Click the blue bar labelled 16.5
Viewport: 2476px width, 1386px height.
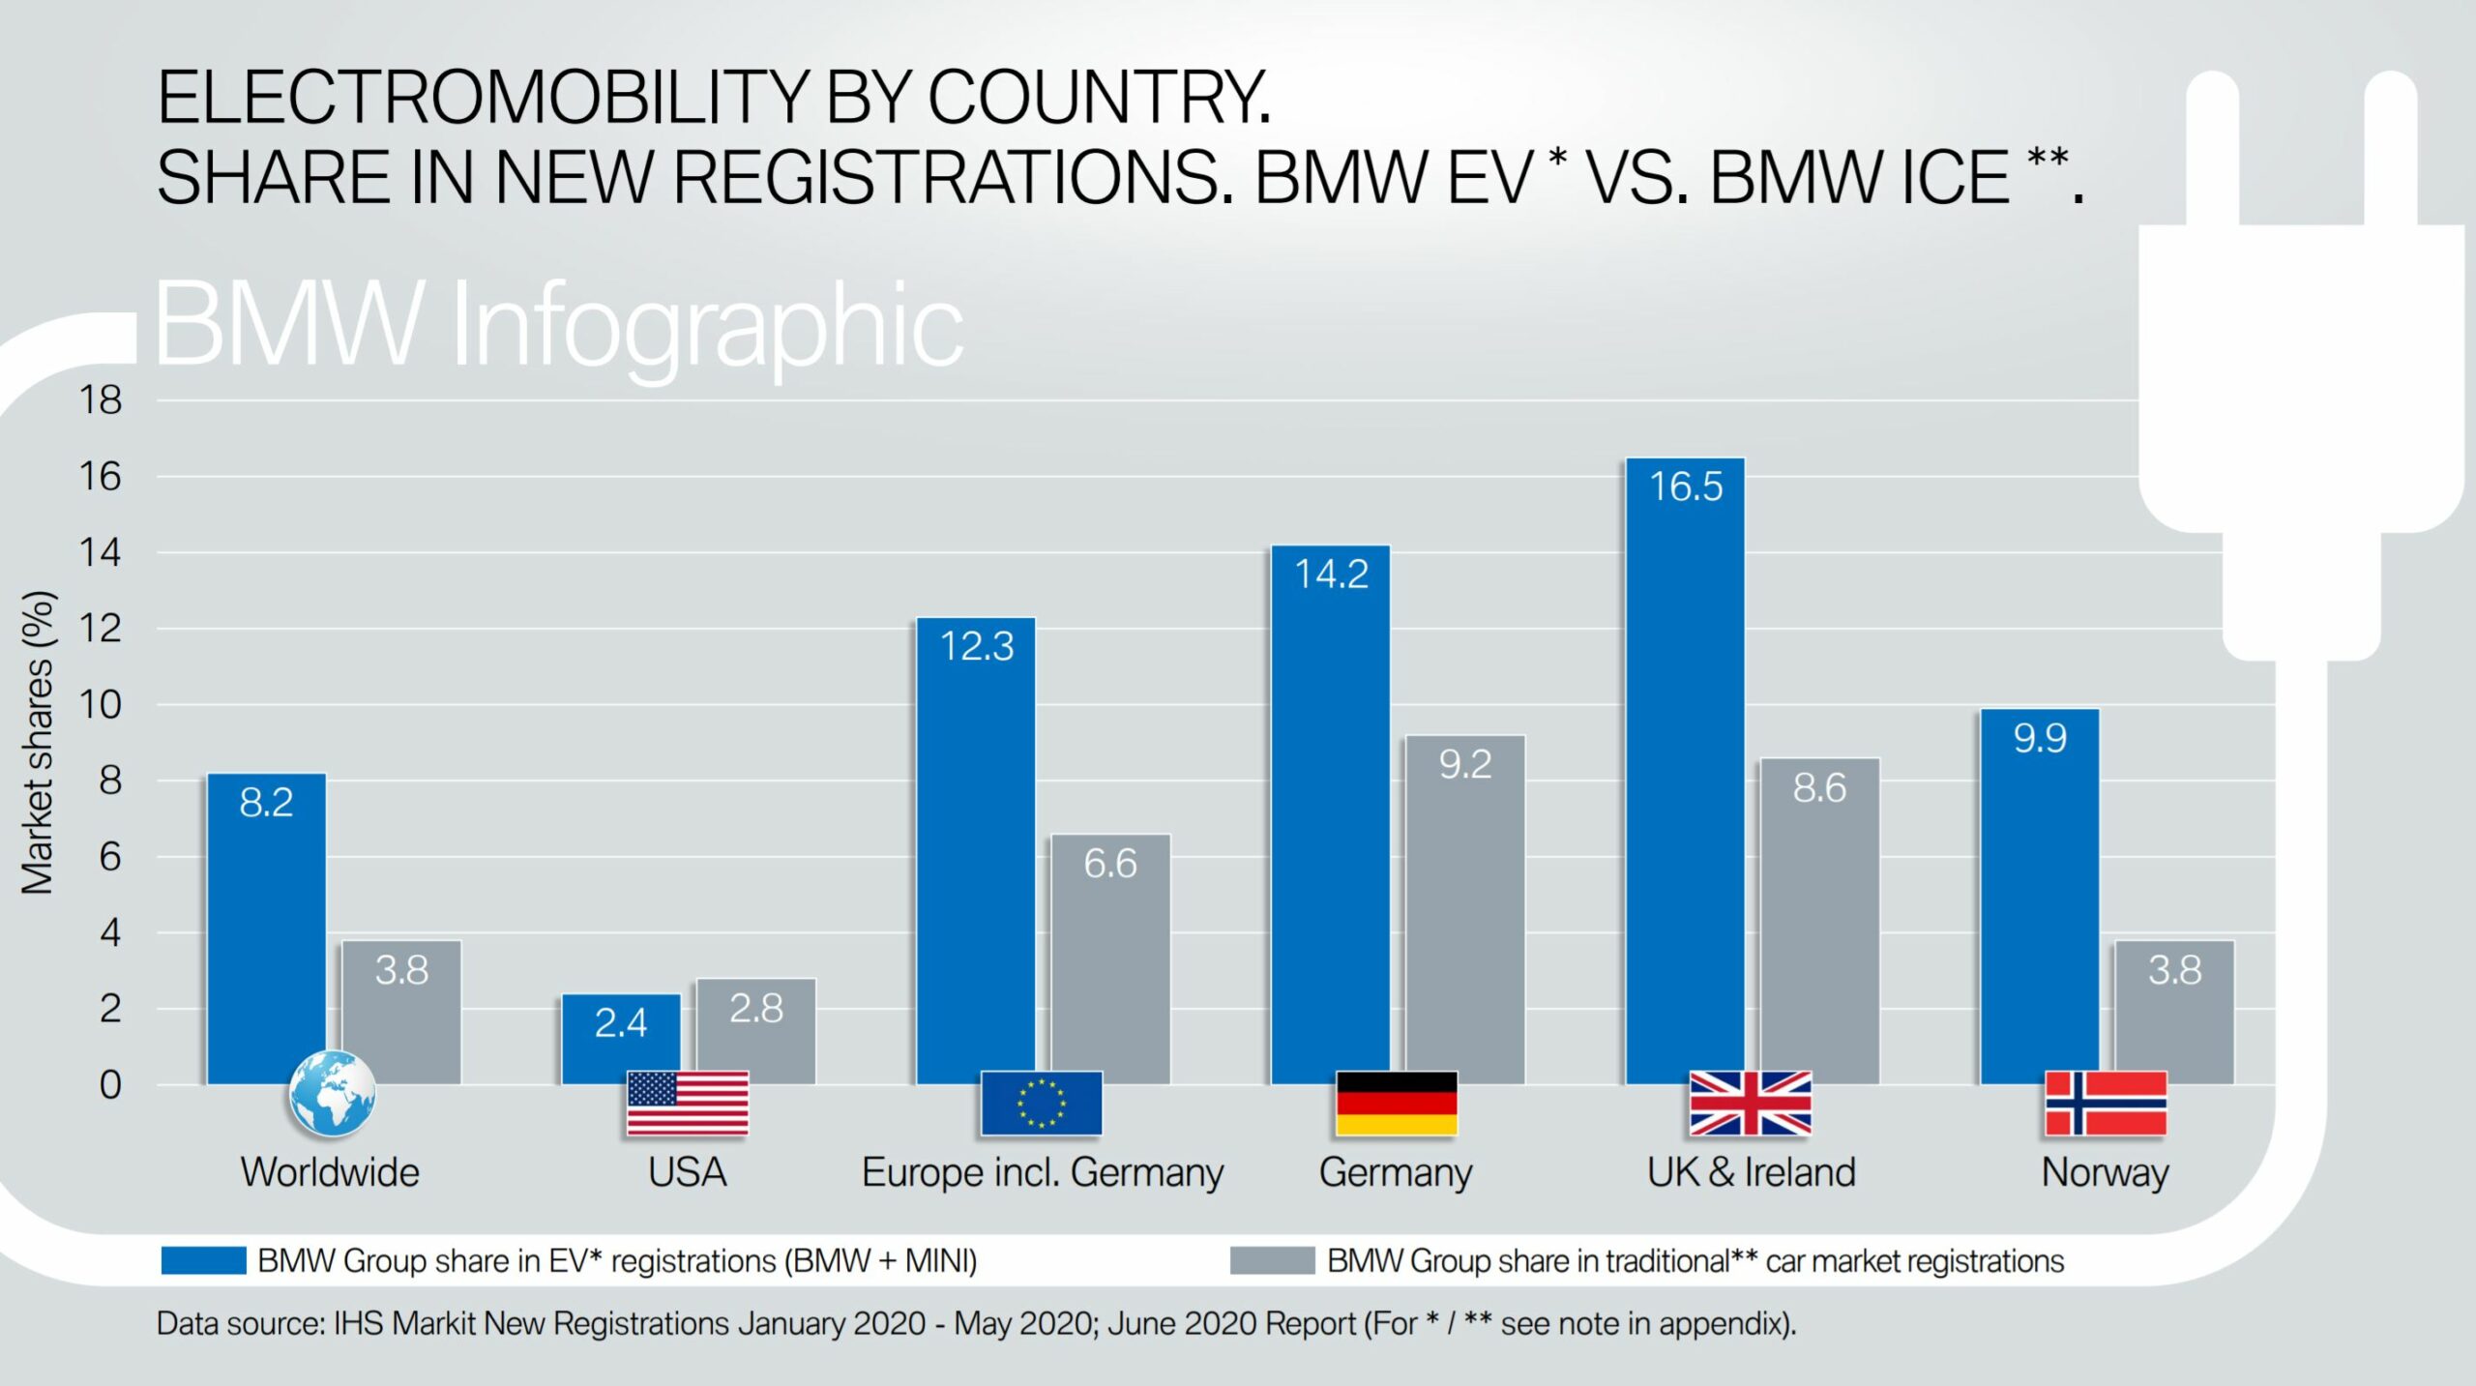tap(1685, 774)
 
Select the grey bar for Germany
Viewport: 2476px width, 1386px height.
tap(1464, 909)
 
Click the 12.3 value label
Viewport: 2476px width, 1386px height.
tap(977, 646)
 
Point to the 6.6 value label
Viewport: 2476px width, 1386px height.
tap(1110, 863)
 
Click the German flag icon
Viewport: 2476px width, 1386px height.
tap(1396, 1103)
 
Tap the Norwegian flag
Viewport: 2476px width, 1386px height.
tap(2106, 1103)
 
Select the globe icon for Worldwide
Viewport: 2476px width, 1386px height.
tap(332, 1093)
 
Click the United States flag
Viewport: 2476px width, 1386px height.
tap(687, 1103)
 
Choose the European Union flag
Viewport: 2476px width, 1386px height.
tap(1041, 1103)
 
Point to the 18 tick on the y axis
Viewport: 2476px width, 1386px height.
tap(101, 399)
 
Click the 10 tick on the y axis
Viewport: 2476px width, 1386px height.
tap(101, 704)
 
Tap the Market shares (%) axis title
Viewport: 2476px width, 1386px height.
tap(39, 742)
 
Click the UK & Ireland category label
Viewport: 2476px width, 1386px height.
tap(1751, 1172)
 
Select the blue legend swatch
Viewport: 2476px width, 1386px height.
tap(203, 1260)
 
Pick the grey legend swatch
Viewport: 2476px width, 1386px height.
tap(1272, 1260)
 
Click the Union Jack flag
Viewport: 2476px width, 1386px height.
tap(1750, 1103)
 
